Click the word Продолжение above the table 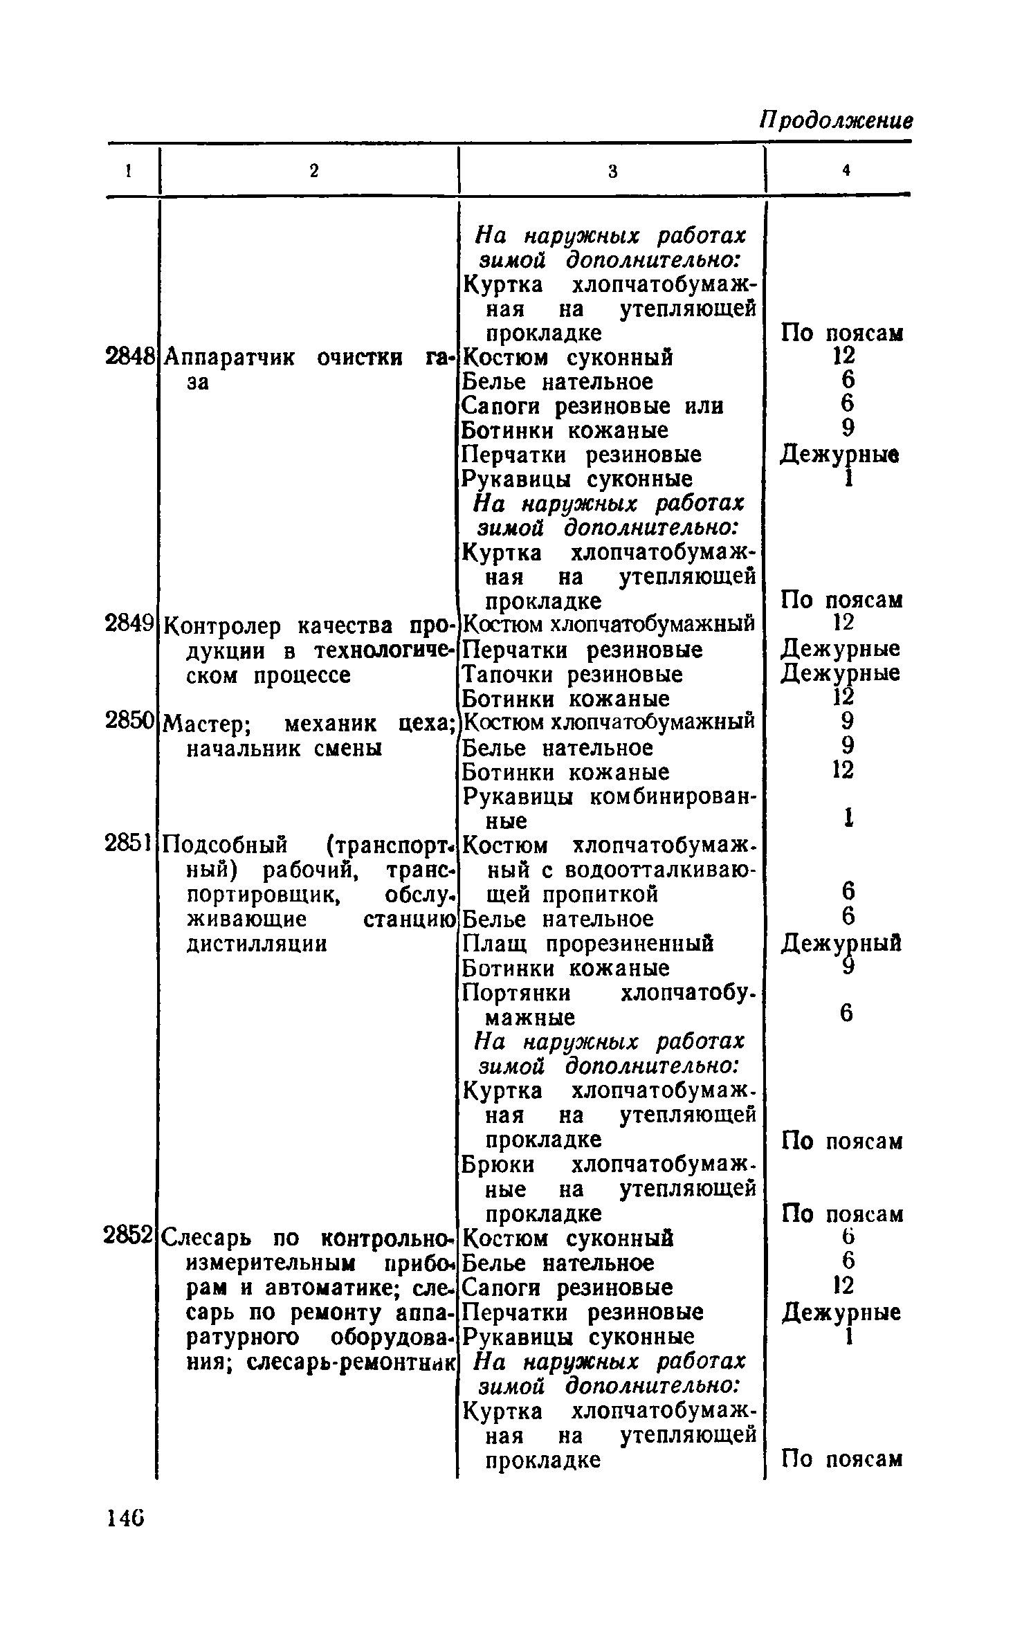coord(835,120)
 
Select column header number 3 coord(612,171)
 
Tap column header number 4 coord(845,171)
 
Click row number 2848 coord(129,357)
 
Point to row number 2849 coord(129,624)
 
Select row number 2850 coord(129,721)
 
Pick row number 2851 coord(129,844)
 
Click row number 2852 coord(129,1234)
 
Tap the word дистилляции coord(257,944)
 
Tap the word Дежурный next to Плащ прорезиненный coord(841,944)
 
